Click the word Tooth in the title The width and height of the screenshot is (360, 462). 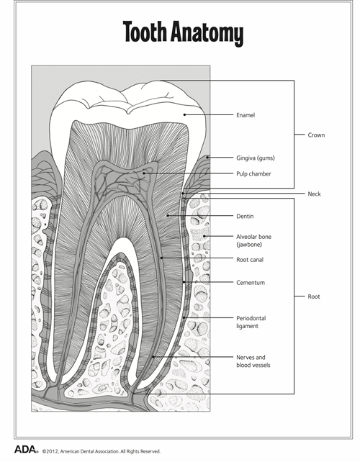(x=145, y=31)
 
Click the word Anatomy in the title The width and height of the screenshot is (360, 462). (x=207, y=33)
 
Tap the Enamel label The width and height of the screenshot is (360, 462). (x=246, y=115)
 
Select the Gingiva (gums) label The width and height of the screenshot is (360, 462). (x=256, y=158)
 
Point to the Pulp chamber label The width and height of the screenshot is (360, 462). (x=253, y=174)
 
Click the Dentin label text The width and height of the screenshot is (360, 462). (x=245, y=217)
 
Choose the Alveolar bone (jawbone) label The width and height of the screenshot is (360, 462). (x=254, y=240)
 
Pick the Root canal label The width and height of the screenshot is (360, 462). (x=250, y=260)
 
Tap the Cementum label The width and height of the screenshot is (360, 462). (x=251, y=283)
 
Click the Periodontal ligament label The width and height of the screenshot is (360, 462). (x=251, y=322)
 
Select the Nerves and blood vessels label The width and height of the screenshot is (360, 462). (x=253, y=361)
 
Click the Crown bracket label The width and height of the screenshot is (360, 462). (x=316, y=135)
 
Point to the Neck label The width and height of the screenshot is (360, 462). (x=315, y=194)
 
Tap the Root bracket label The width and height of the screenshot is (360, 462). (x=314, y=296)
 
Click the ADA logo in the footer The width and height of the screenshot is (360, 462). (x=26, y=449)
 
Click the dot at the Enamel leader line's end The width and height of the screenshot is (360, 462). (x=184, y=115)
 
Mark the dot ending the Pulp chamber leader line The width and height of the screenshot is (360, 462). (x=144, y=173)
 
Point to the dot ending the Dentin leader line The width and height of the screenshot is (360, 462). (x=168, y=216)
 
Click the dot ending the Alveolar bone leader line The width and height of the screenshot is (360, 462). (x=204, y=236)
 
